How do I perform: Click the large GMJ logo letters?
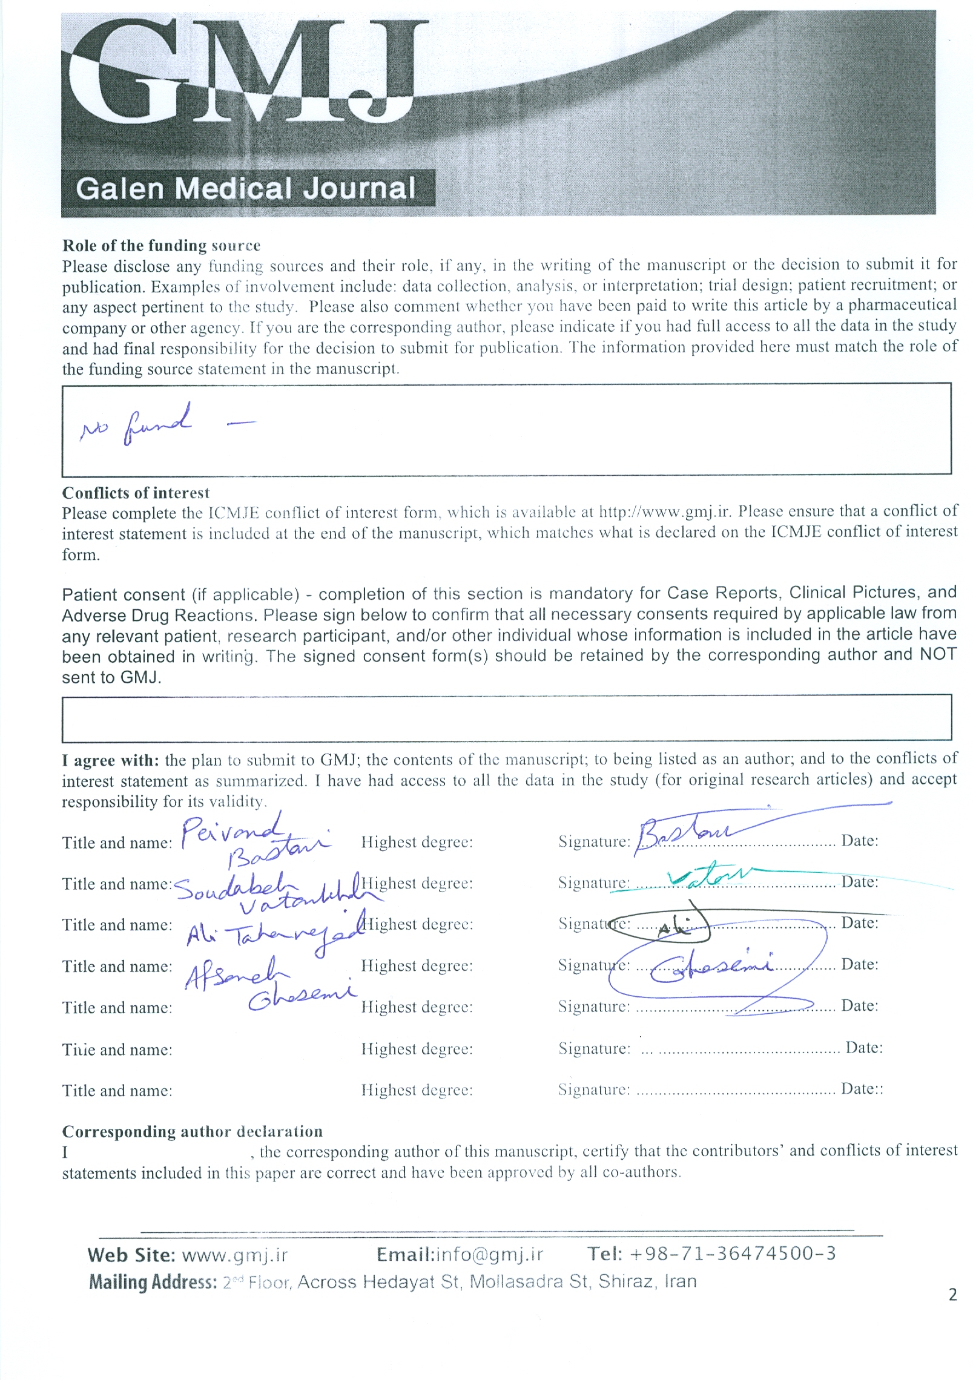coord(242,73)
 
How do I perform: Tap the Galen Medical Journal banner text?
coord(246,188)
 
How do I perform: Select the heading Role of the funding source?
coord(161,245)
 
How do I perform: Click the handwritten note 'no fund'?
coord(137,424)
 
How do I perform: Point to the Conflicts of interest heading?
coord(136,493)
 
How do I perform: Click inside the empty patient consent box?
coord(506,718)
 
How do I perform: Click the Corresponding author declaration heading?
coord(192,1131)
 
